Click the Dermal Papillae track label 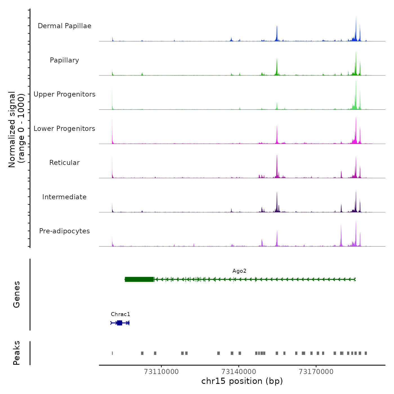pyautogui.click(x=64, y=26)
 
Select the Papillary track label pyautogui.click(x=64, y=60)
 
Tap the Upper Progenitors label pyautogui.click(x=64, y=94)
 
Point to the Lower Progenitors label pyautogui.click(x=64, y=129)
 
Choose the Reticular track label pyautogui.click(x=64, y=163)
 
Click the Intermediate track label pyautogui.click(x=64, y=197)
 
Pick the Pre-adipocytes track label pyautogui.click(x=64, y=231)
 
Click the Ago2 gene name pyautogui.click(x=239, y=271)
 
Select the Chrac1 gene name pyautogui.click(x=120, y=314)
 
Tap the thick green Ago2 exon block pyautogui.click(x=139, y=279)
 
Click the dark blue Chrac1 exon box pyautogui.click(x=120, y=323)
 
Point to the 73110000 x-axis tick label pyautogui.click(x=161, y=372)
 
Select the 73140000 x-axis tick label pyautogui.click(x=239, y=372)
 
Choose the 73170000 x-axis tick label pyautogui.click(x=316, y=372)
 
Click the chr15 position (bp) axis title pyautogui.click(x=242, y=381)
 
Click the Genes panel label pyautogui.click(x=16, y=294)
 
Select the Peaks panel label pyautogui.click(x=16, y=353)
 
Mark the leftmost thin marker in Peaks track pyautogui.click(x=112, y=353)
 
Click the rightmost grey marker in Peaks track pyautogui.click(x=366, y=353)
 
